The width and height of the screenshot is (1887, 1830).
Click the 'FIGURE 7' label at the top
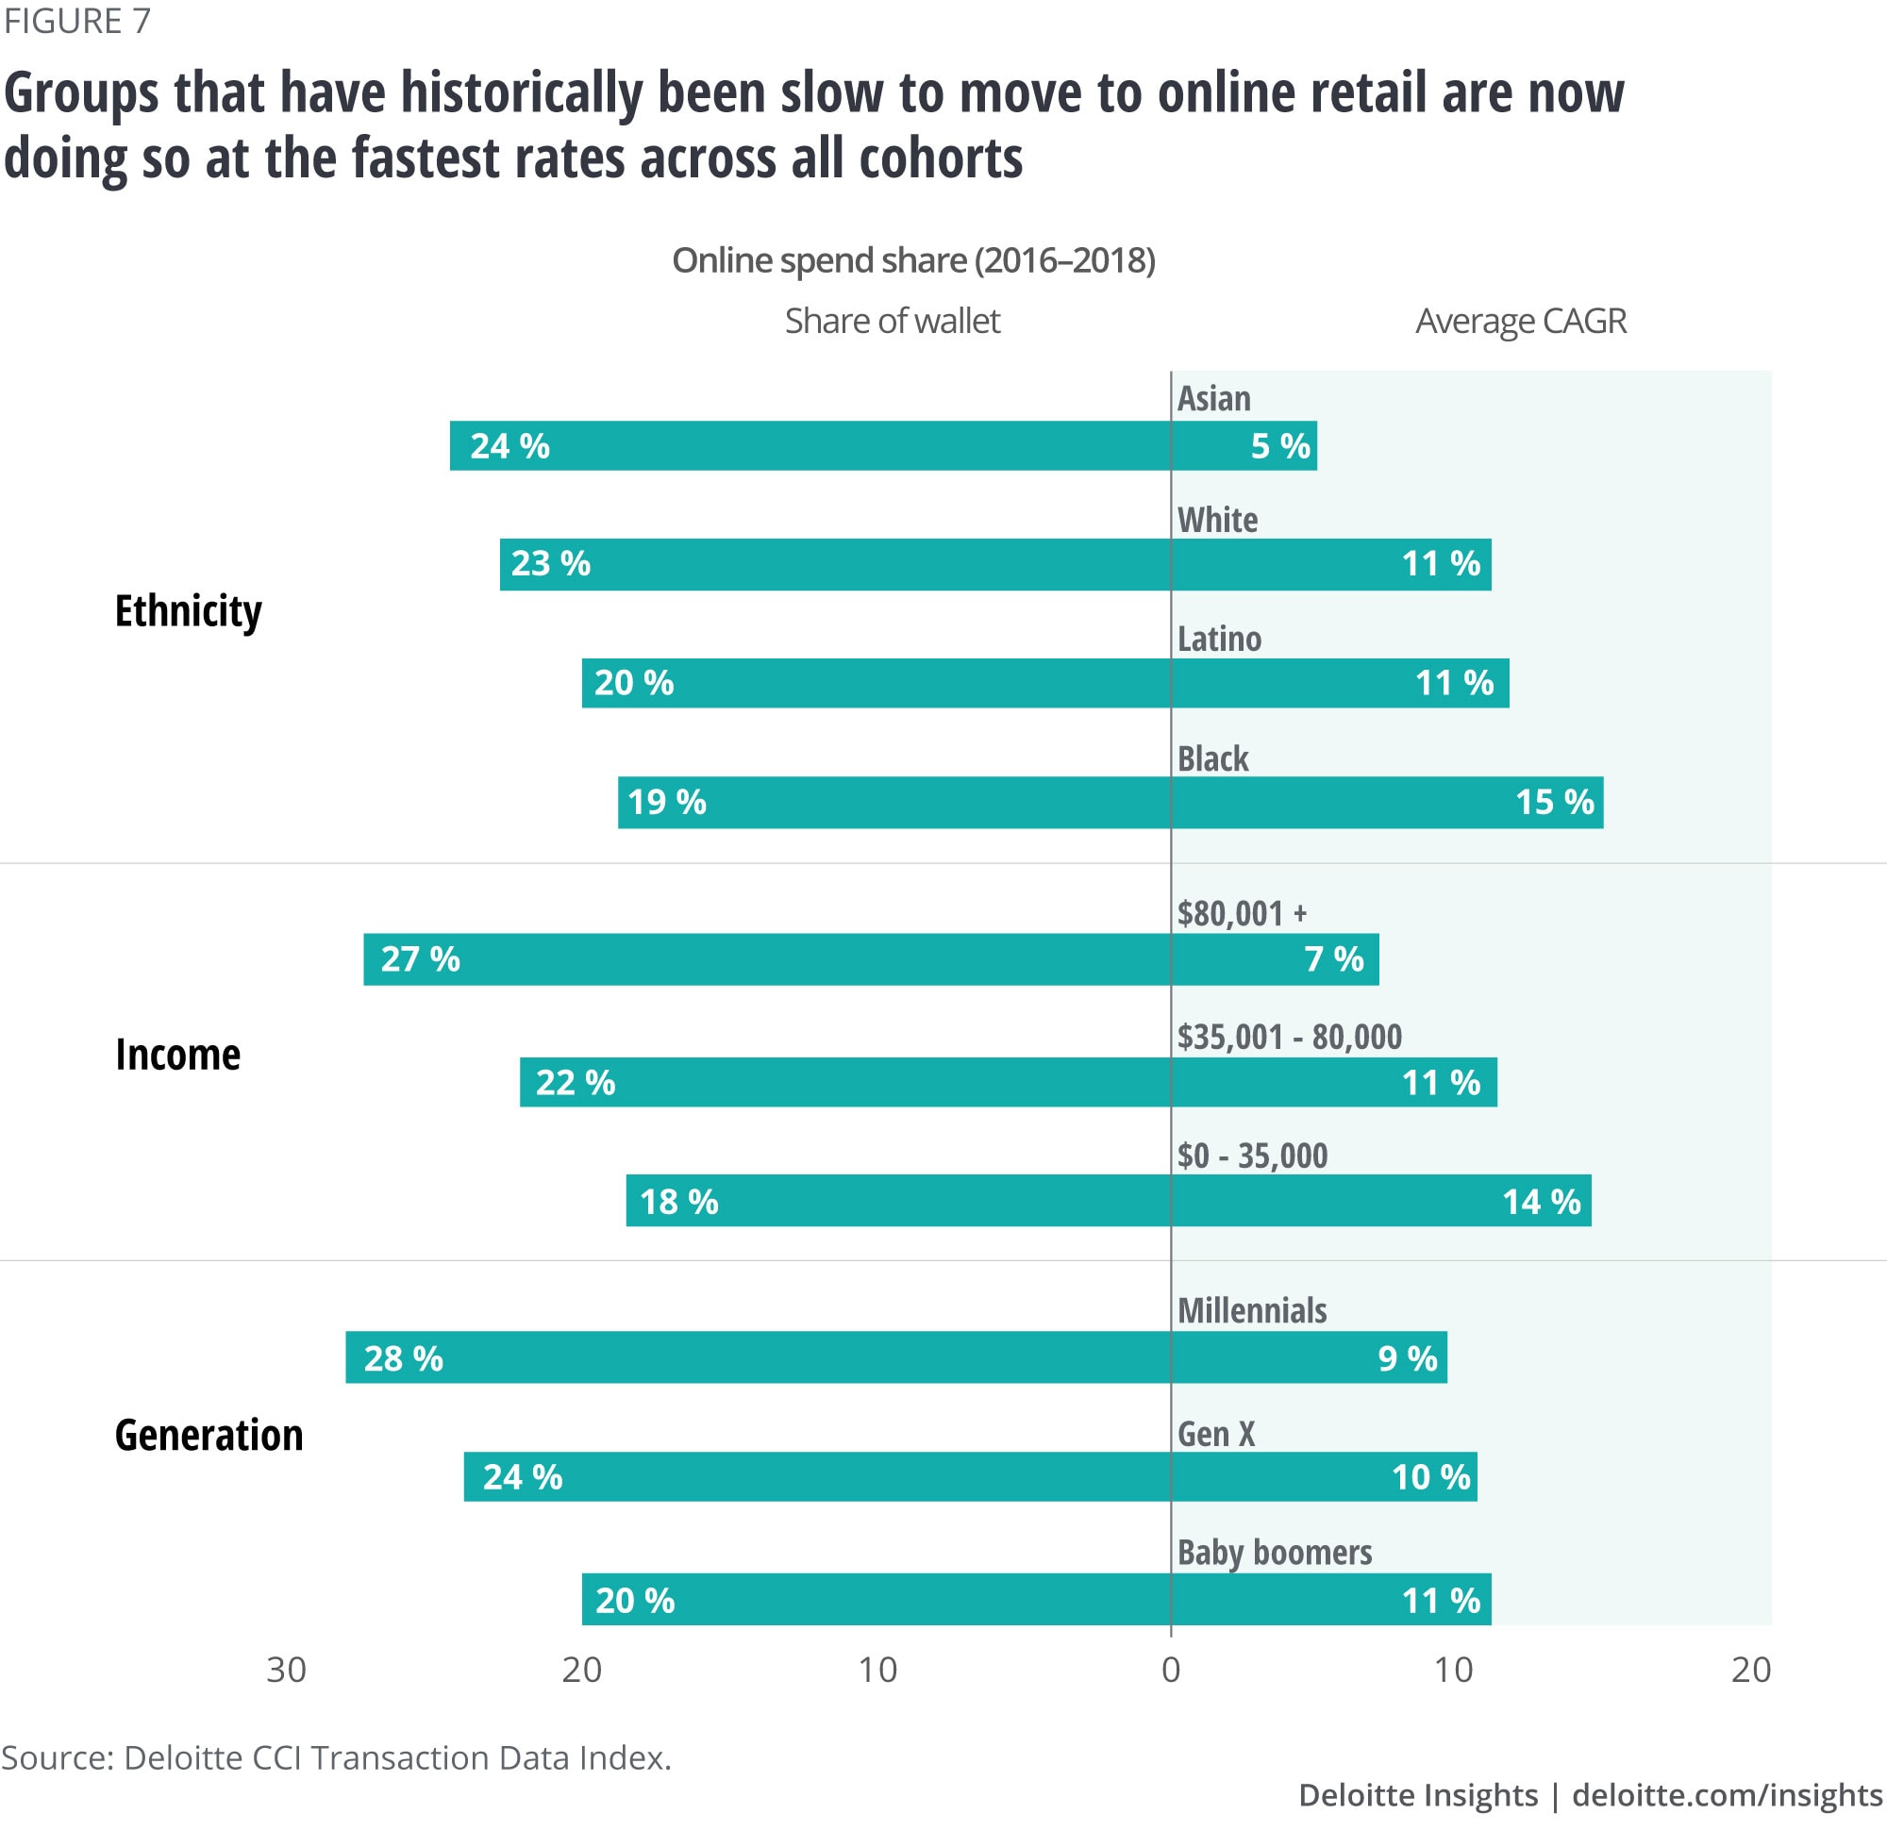(77, 21)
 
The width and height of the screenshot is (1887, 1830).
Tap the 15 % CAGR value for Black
(1554, 802)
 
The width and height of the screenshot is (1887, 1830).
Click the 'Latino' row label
(1219, 640)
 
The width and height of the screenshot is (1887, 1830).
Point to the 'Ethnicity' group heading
(188, 611)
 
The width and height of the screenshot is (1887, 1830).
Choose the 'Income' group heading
(178, 1055)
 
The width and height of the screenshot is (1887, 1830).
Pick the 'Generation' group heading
(209, 1436)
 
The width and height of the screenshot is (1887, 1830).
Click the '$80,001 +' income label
(1241, 912)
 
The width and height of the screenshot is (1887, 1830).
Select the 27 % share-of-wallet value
(420, 958)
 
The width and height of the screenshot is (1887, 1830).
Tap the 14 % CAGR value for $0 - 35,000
(1541, 1202)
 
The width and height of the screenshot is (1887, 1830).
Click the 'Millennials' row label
(1252, 1311)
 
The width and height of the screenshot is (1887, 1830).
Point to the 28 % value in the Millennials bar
(404, 1358)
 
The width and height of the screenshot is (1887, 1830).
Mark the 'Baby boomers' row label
(1274, 1553)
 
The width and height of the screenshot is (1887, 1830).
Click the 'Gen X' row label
(1216, 1435)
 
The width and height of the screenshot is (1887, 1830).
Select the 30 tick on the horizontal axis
(286, 1671)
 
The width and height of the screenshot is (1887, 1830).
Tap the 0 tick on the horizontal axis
(1171, 1671)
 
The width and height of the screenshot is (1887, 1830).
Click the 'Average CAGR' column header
(1520, 321)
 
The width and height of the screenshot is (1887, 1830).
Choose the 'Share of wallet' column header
(892, 321)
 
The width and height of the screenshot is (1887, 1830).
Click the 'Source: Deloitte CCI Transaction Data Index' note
(336, 1757)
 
